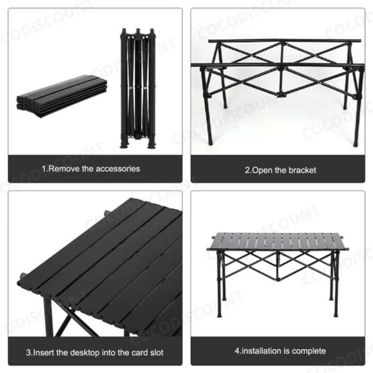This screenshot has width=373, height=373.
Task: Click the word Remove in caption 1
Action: [64, 169]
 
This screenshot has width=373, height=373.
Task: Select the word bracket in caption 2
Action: [302, 171]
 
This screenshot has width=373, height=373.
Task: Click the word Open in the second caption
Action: [262, 171]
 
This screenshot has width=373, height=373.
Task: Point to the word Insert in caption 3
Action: [44, 353]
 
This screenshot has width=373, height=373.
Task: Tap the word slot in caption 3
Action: [157, 353]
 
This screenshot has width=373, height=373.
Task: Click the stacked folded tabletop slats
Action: [62, 96]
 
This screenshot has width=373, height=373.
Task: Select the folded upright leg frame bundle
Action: [138, 88]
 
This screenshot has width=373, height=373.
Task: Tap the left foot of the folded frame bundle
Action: [124, 144]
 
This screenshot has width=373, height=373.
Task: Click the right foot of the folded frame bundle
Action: [151, 144]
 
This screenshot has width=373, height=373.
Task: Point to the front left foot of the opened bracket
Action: [210, 142]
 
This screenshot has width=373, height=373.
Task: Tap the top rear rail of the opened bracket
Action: [285, 41]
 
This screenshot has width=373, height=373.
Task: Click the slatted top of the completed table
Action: [278, 241]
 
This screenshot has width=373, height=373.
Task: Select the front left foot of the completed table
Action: [220, 314]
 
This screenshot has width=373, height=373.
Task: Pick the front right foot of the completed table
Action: [336, 313]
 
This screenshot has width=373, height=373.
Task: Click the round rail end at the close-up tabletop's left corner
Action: [23, 277]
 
